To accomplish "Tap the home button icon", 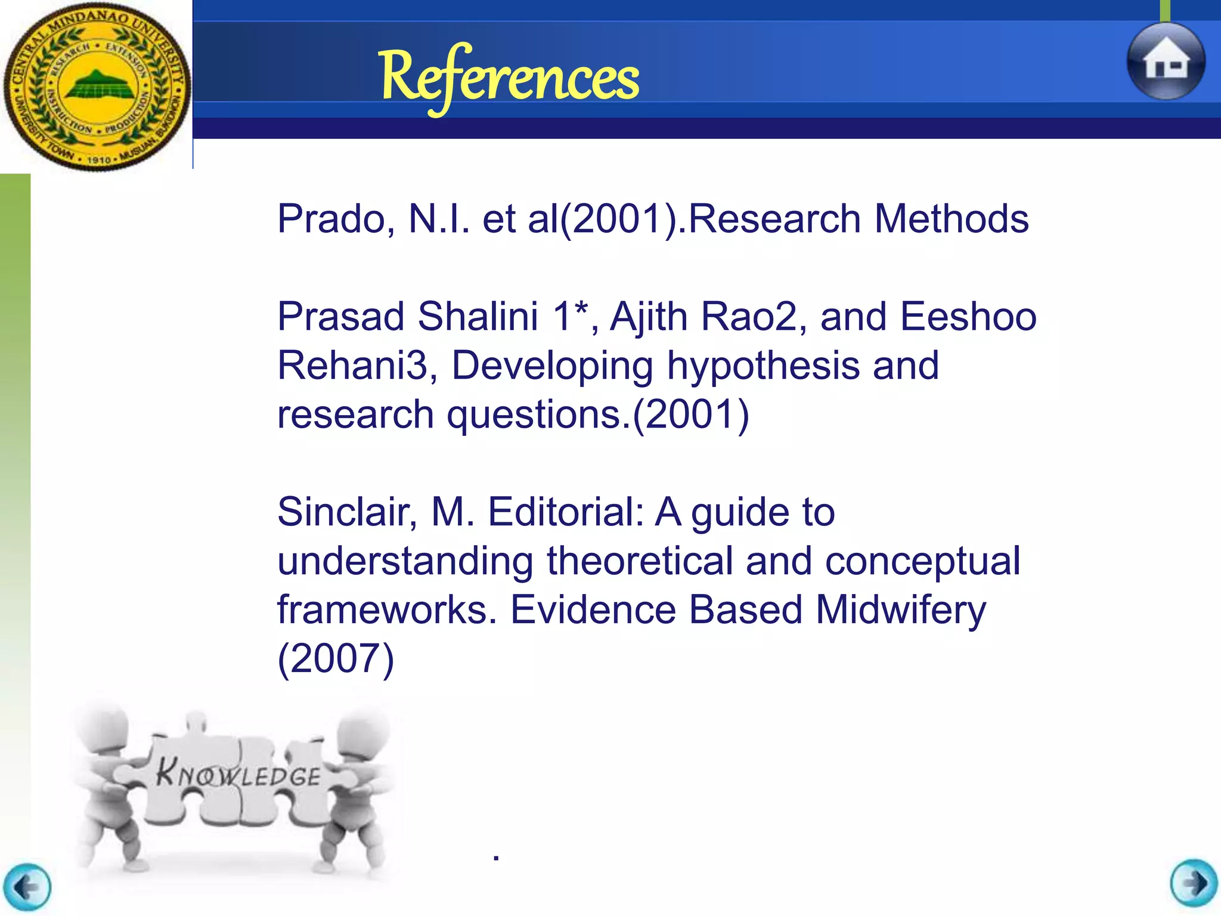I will pyautogui.click(x=1166, y=62).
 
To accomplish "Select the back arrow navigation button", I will pyautogui.click(x=27, y=887).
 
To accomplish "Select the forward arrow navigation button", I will pyautogui.click(x=1194, y=884).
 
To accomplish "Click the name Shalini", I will pyautogui.click(x=478, y=317).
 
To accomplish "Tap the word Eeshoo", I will pyautogui.click(x=968, y=317).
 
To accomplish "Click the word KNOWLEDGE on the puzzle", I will pyautogui.click(x=238, y=775).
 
